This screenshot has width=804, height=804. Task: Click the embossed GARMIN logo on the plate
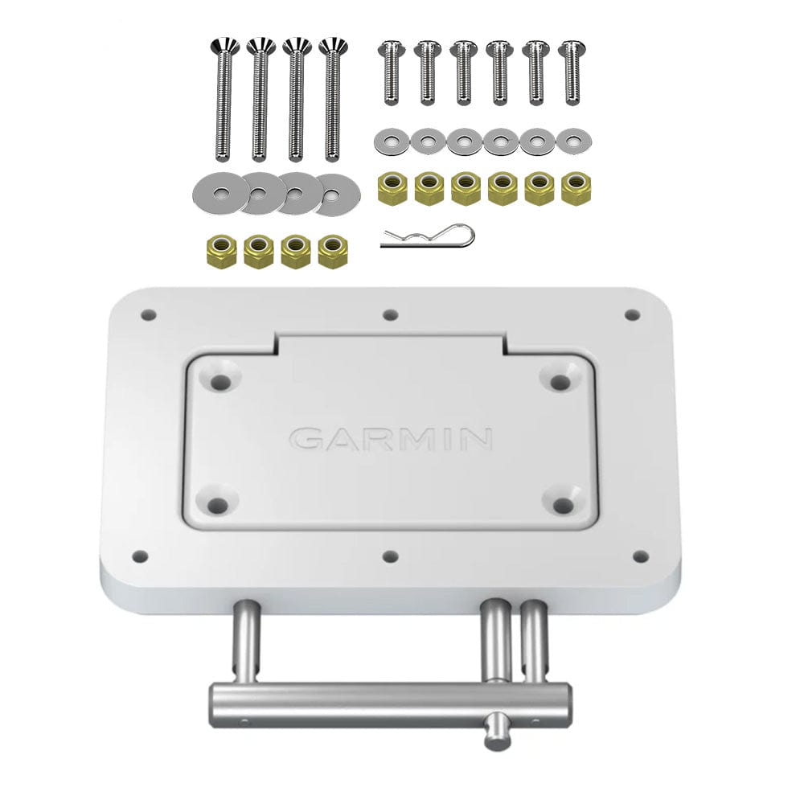391,438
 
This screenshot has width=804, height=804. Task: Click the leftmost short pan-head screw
389,72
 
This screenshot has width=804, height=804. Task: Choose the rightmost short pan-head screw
571,72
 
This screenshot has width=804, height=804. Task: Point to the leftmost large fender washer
220,192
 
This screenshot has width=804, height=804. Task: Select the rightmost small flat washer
573,142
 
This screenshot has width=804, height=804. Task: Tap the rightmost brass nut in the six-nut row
576,190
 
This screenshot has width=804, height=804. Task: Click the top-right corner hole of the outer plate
632,314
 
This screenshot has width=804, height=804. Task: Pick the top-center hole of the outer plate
390,315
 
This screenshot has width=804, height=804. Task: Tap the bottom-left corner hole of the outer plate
140,556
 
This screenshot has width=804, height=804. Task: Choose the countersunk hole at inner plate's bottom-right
564,505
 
